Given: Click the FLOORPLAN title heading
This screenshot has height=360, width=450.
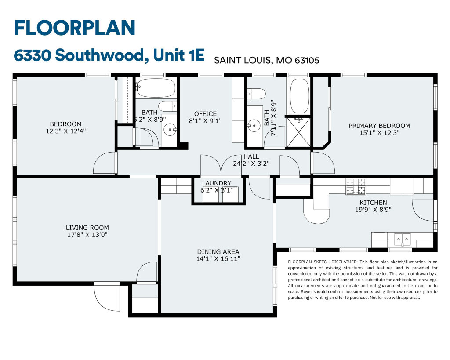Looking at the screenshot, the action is click(x=75, y=28).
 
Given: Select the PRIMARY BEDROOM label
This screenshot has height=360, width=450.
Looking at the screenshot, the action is click(x=379, y=125).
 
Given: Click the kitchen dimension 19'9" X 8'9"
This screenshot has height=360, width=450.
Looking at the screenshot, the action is click(x=373, y=210).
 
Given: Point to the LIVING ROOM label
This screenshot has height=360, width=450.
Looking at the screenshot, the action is click(x=87, y=228).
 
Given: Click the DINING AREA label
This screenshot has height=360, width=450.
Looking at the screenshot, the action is click(x=218, y=252).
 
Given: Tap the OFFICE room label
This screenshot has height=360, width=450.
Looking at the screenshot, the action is click(x=205, y=114).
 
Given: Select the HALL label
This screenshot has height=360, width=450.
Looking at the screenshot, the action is click(x=251, y=156).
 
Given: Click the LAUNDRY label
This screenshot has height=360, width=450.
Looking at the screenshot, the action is click(x=216, y=183).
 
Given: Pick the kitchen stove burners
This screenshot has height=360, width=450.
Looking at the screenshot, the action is click(x=356, y=186).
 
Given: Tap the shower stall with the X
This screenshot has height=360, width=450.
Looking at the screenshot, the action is click(x=299, y=132).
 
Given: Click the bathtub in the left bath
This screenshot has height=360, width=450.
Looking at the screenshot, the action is click(x=156, y=88).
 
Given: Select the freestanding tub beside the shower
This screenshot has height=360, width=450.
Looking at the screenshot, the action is click(x=299, y=96).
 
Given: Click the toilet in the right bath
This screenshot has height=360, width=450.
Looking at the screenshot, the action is click(x=257, y=94).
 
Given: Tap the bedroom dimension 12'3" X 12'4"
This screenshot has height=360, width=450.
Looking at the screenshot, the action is click(x=66, y=131).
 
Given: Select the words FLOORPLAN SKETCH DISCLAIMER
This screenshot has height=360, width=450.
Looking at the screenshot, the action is click(x=323, y=262).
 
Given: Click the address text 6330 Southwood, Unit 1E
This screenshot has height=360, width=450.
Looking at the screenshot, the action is click(x=109, y=55).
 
